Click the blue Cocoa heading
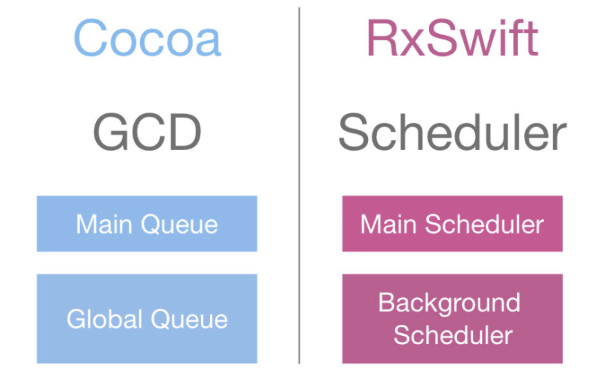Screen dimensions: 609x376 point(147,39)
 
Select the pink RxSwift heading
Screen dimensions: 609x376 point(452,39)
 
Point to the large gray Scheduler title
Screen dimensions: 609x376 point(452,133)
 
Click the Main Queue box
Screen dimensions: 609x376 point(147,223)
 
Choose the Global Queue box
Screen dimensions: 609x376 point(147,319)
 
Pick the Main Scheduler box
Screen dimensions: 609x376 point(452,223)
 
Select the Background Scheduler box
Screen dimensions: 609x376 point(452,319)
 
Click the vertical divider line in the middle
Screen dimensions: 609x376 point(299,187)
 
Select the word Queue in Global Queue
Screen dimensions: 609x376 point(189,319)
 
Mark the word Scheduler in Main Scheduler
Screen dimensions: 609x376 point(485,224)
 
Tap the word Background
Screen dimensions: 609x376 point(449,303)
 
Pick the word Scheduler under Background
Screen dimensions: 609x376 point(453,335)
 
